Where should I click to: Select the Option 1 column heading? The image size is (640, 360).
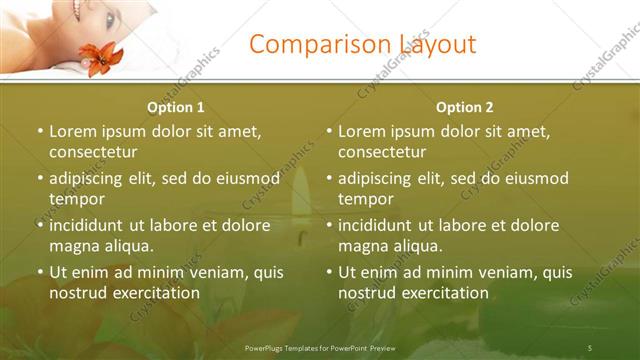176,107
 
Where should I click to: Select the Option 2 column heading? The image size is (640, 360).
465,107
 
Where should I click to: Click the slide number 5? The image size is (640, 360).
590,347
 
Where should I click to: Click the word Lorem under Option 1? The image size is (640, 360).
75,131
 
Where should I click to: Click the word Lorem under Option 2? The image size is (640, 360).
364,131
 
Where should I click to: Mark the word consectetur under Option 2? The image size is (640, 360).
382,152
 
